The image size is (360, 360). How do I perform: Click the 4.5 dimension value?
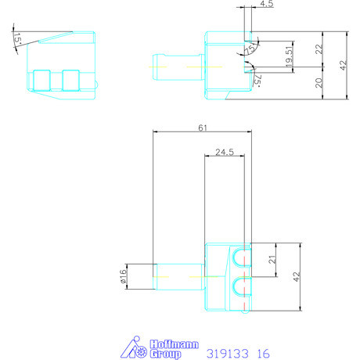point(267,4)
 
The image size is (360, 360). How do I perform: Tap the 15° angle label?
point(17,38)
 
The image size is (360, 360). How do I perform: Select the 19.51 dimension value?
point(289,56)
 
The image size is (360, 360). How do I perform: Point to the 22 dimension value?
point(319,49)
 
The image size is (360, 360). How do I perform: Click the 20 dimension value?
point(319,83)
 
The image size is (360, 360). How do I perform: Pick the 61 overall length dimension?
point(203,128)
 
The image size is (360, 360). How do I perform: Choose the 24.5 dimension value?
point(225,152)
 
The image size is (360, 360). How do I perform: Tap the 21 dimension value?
point(272,260)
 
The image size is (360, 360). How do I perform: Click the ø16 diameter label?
point(123,276)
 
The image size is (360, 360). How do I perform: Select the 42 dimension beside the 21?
point(297,277)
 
